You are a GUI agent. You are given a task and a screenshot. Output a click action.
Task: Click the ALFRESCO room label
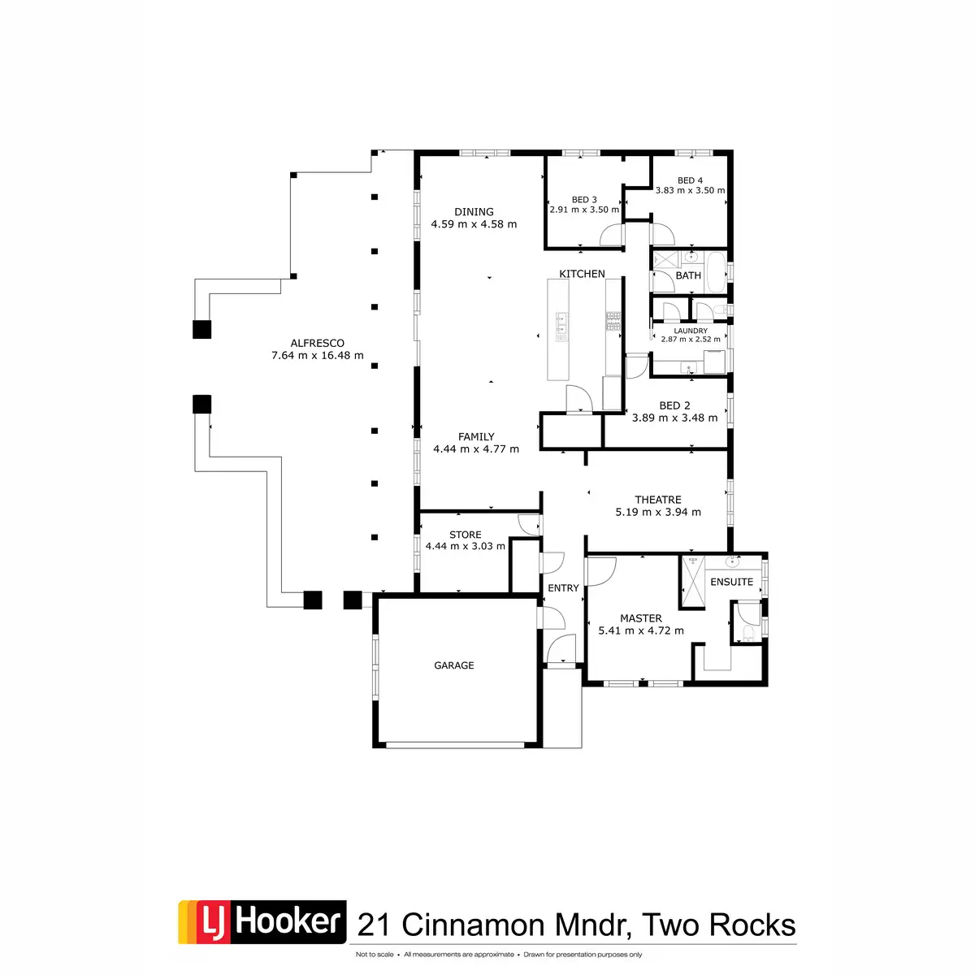tap(317, 343)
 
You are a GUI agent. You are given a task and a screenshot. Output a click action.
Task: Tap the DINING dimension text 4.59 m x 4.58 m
tap(474, 224)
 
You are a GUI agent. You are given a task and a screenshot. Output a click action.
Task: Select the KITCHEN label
tap(582, 274)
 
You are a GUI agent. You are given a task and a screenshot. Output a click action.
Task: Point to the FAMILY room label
tap(476, 436)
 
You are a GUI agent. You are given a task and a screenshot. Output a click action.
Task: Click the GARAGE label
tap(454, 665)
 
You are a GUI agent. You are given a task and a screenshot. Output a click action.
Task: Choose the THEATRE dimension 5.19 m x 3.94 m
tap(658, 512)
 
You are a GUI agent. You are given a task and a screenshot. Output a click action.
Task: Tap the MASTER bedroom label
tap(641, 618)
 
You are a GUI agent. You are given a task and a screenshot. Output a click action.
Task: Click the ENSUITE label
tap(731, 582)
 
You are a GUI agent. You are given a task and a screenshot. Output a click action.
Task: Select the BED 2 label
tap(674, 405)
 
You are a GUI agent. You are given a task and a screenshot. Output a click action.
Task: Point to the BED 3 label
tap(584, 200)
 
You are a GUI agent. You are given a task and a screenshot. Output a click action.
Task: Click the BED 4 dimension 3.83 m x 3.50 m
tap(690, 191)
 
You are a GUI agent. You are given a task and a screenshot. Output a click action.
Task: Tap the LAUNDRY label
tap(691, 331)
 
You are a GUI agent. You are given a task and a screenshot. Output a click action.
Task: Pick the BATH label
tap(688, 275)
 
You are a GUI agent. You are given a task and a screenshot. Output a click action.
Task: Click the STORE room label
tap(466, 535)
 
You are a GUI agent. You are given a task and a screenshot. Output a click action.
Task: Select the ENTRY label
tap(563, 588)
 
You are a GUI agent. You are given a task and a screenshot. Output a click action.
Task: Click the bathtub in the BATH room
tap(716, 271)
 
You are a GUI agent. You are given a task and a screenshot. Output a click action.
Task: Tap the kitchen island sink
tap(561, 326)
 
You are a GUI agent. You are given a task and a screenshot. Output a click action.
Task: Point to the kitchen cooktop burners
tap(613, 322)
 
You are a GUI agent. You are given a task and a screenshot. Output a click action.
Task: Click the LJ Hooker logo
tap(262, 922)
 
